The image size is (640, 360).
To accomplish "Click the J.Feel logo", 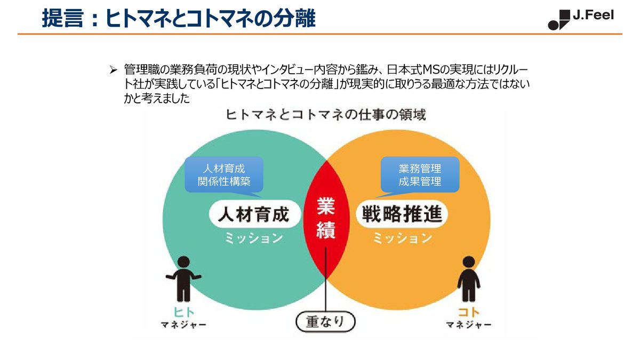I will [x=581, y=19].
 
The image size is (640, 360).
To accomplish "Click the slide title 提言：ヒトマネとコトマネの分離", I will [x=179, y=19].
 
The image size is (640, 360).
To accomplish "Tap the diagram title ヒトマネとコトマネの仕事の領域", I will [x=326, y=115].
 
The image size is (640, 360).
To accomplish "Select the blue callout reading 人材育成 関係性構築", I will [x=224, y=175].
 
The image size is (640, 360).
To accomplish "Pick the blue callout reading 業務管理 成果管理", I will [x=420, y=175].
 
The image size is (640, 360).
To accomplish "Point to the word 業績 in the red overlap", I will [x=326, y=218].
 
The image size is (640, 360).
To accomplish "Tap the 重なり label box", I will [x=326, y=322].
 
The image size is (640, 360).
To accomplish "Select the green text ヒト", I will [x=183, y=313].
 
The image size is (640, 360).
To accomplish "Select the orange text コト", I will [x=469, y=313].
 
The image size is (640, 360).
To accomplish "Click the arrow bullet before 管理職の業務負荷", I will [x=113, y=70].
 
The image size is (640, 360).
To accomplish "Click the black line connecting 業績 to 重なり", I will [x=326, y=283].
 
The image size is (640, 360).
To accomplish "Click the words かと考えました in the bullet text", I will [x=157, y=98].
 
